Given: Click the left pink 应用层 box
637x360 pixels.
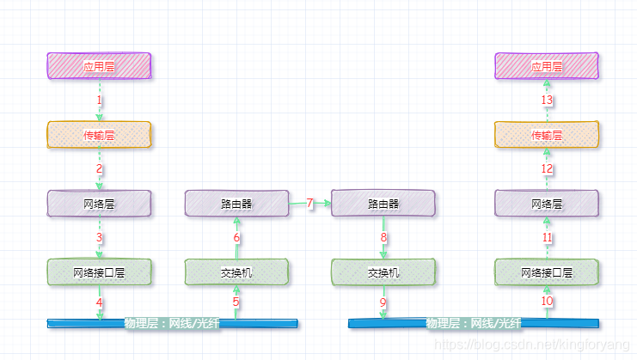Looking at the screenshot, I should click(99, 66).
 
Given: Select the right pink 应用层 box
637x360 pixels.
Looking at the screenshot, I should click(547, 66).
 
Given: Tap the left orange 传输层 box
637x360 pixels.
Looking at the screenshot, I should click(99, 135).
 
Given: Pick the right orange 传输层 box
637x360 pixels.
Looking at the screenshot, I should click(547, 135).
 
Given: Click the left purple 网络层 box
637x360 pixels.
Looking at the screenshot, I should click(99, 204).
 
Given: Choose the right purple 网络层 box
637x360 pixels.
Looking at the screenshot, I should click(547, 204).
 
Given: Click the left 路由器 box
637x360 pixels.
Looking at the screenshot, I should click(236, 204).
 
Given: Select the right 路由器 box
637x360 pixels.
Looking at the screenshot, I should click(383, 204).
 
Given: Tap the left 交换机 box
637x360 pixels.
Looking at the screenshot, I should click(236, 272).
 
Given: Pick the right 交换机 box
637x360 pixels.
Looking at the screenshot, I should click(383, 272).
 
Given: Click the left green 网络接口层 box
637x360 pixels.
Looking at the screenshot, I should click(99, 272).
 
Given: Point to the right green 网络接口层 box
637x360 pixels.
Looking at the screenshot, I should click(547, 272).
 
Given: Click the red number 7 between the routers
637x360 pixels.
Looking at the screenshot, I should click(310, 204).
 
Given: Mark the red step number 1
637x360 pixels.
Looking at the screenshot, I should click(100, 101).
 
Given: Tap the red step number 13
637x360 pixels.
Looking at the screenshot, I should click(548, 101).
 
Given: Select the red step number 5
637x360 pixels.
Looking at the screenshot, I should click(236, 302).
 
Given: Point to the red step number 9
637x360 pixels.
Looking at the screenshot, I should click(383, 302).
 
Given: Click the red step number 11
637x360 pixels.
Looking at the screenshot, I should click(548, 237).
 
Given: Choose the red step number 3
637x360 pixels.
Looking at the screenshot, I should click(100, 238).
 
